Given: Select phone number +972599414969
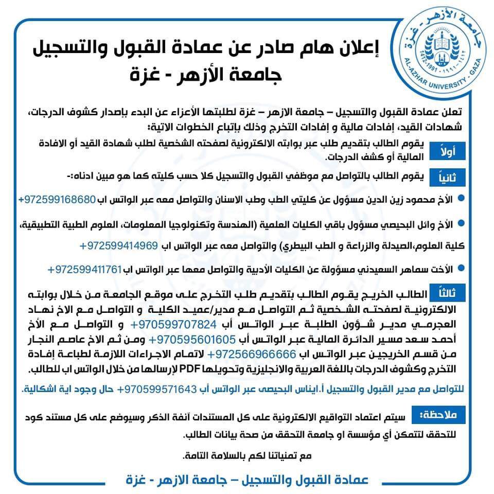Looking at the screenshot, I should click(118, 246).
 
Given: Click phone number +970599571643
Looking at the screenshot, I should click(155, 390).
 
